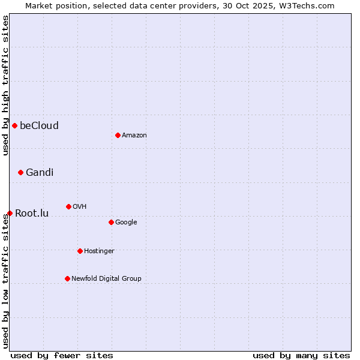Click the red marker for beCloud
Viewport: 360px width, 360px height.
click(14, 125)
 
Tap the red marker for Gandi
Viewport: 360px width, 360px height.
click(20, 172)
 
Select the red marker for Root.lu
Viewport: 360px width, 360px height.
click(10, 213)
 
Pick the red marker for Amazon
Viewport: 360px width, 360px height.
click(118, 135)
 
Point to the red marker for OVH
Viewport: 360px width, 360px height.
click(68, 206)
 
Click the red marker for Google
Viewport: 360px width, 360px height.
click(111, 222)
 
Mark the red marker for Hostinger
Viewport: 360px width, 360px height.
click(80, 251)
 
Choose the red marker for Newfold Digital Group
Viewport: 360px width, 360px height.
click(67, 278)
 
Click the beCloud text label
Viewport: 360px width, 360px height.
click(39, 125)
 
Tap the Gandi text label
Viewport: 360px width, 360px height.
click(40, 172)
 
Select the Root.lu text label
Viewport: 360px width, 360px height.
click(32, 213)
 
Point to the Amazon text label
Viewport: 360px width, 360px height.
click(134, 135)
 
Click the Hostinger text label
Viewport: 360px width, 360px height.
click(99, 251)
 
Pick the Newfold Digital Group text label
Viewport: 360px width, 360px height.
click(106, 278)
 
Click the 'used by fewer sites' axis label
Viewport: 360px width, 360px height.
click(62, 355)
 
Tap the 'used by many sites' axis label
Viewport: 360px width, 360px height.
click(301, 355)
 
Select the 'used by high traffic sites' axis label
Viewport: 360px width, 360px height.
click(5, 85)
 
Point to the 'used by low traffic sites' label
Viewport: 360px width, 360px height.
click(5, 281)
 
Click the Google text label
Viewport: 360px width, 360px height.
click(126, 222)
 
